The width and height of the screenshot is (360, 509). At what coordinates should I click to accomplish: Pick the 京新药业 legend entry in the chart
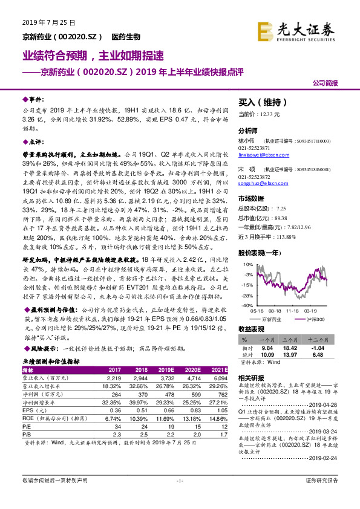click(273, 318)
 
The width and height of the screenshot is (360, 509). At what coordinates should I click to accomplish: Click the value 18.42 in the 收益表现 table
click(293, 348)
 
